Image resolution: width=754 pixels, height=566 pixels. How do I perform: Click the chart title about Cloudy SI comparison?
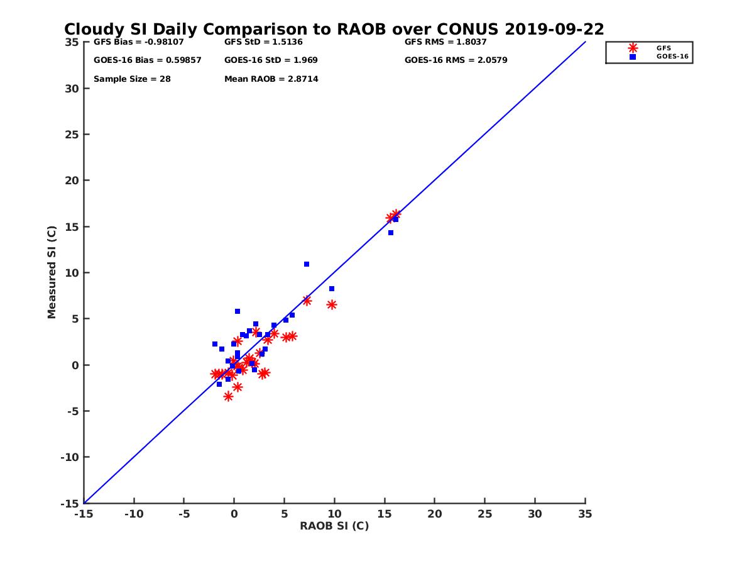point(334,30)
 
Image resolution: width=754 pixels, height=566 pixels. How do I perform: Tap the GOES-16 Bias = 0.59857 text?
point(147,60)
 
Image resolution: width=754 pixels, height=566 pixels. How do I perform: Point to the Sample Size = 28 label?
point(132,79)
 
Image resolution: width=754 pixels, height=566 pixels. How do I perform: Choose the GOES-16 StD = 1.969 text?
point(271,60)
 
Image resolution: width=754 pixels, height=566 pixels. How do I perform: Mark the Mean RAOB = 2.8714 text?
point(271,79)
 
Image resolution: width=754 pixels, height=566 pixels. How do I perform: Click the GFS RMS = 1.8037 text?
point(445,43)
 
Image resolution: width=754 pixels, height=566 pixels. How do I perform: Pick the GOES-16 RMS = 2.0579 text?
point(456,60)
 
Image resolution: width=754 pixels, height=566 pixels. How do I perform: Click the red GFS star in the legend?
point(633,48)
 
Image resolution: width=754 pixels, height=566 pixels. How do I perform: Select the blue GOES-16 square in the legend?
point(633,57)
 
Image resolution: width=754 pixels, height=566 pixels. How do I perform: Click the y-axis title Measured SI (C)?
point(52,272)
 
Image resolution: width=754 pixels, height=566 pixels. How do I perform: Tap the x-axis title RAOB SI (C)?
point(334,526)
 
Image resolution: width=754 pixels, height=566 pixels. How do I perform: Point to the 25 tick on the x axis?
point(484,514)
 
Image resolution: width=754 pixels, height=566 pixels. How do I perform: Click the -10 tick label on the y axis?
point(71,457)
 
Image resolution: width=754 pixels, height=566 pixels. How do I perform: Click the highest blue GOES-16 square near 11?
point(307,264)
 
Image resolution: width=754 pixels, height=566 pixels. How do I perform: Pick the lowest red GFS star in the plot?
point(228,396)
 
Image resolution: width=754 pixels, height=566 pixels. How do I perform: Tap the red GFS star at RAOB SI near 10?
point(332,304)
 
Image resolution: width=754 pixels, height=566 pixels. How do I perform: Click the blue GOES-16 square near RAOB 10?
point(332,289)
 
